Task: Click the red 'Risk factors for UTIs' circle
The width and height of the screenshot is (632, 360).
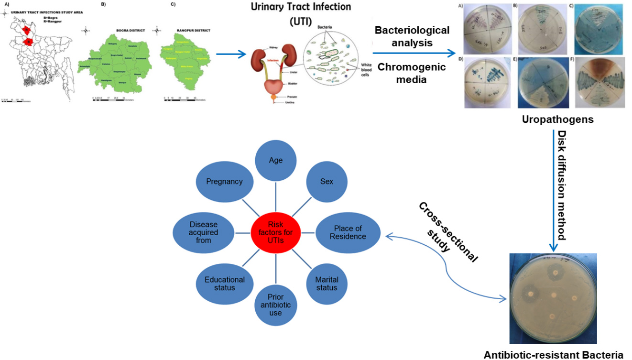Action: tap(275, 233)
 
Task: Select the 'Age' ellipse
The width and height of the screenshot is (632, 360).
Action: tap(275, 161)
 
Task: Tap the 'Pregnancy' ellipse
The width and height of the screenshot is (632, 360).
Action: tap(224, 182)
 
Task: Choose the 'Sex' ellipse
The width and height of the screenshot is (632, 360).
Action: tap(327, 182)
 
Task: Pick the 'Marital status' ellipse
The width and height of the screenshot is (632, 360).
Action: tap(327, 283)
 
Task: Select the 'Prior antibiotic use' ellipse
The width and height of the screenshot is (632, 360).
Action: tap(275, 305)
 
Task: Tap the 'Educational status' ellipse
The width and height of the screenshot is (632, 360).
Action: tap(224, 283)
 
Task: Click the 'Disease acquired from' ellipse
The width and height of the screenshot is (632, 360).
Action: tap(203, 232)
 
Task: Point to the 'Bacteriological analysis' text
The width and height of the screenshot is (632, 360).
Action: tap(412, 36)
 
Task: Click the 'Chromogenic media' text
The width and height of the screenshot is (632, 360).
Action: tap(412, 73)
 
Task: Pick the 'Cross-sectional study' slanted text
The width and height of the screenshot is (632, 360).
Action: tap(447, 229)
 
